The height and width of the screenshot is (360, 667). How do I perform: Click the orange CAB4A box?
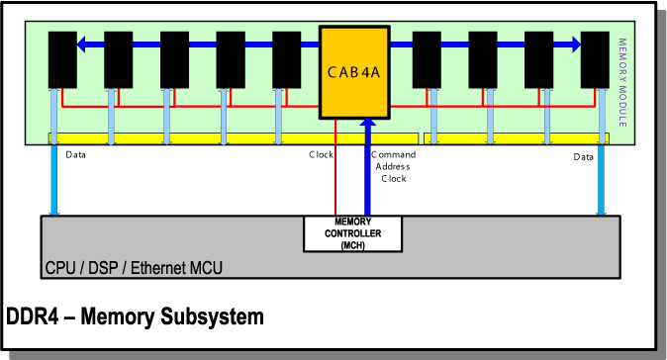click(353, 72)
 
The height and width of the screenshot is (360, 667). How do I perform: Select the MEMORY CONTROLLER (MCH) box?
click(353, 232)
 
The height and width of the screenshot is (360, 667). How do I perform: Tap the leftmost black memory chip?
click(62, 58)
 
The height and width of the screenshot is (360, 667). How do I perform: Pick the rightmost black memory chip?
click(595, 58)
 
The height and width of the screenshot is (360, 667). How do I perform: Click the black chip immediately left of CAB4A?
click(287, 58)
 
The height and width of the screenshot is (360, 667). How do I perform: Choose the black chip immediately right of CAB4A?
click(427, 58)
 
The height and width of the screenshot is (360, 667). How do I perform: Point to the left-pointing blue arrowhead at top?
click(83, 44)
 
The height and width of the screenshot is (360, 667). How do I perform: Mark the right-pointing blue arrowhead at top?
click(574, 44)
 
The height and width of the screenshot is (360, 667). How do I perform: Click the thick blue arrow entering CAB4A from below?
click(368, 168)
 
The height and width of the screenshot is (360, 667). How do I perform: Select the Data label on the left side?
click(75, 155)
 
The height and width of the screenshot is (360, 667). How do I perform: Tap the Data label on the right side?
click(583, 157)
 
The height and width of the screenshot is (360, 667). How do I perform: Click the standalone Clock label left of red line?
click(321, 155)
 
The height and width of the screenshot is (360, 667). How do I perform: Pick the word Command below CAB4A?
click(394, 155)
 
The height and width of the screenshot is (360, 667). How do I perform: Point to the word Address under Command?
click(394, 167)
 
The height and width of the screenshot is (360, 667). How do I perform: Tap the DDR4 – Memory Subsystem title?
click(136, 317)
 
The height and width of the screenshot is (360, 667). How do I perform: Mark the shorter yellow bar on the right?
click(516, 137)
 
